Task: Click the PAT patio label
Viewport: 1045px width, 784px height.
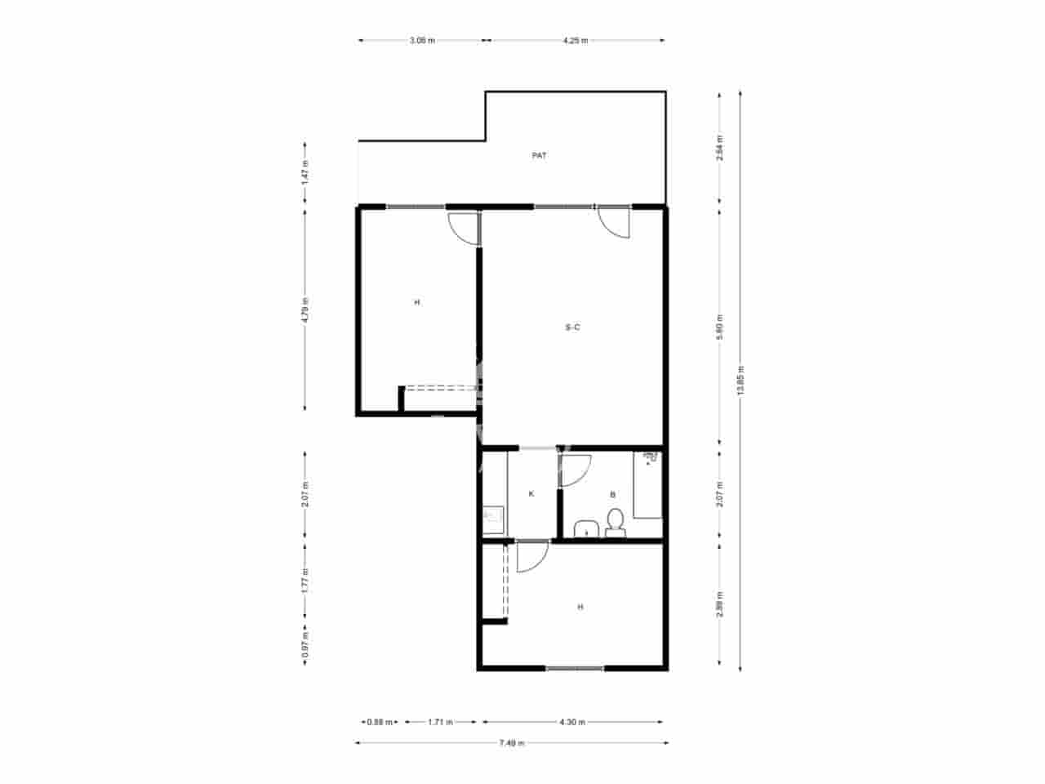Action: click(539, 155)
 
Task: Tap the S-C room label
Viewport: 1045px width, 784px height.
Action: click(572, 327)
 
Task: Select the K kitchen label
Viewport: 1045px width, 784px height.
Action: click(531, 494)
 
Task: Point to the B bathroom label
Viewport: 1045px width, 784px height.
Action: click(612, 494)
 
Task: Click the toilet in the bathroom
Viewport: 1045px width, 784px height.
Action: click(616, 521)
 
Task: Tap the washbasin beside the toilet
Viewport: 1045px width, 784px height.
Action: click(585, 528)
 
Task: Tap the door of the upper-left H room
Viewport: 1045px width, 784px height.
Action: click(464, 227)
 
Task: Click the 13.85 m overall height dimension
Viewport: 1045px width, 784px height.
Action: click(740, 380)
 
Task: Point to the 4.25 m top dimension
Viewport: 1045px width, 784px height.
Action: click(576, 40)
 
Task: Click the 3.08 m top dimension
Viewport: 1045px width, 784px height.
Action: click(422, 40)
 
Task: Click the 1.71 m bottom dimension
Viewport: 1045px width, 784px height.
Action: click(440, 722)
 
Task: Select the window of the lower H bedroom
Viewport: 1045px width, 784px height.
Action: click(575, 669)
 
